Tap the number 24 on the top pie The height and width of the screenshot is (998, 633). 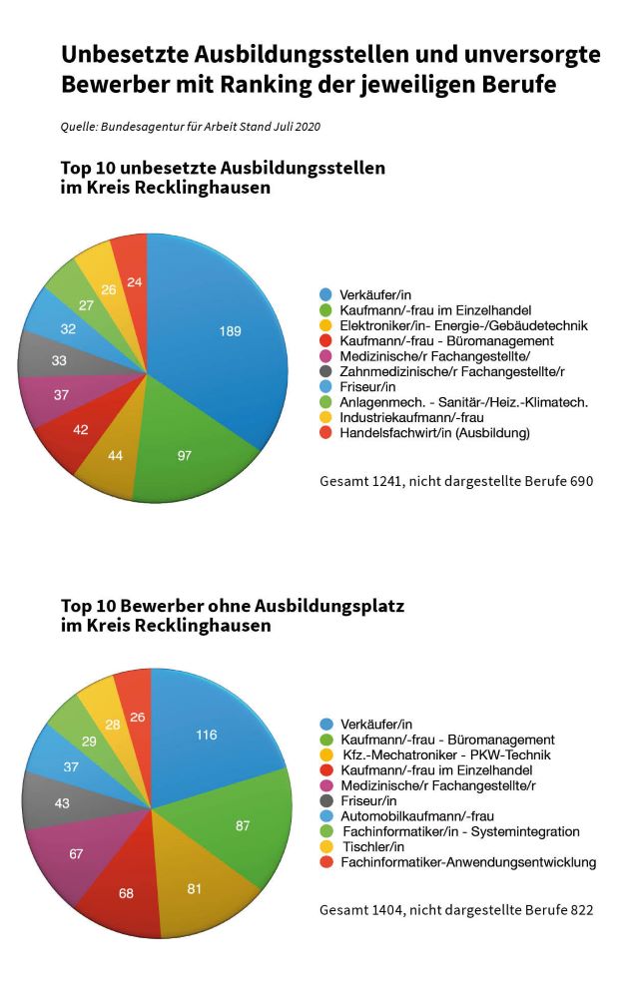click(x=135, y=282)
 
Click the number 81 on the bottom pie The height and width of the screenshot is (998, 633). click(x=195, y=888)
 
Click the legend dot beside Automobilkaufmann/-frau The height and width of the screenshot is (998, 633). click(x=326, y=816)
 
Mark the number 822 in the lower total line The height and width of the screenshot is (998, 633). click(x=581, y=909)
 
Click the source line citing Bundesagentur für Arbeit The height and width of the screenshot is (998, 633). click(x=191, y=126)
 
